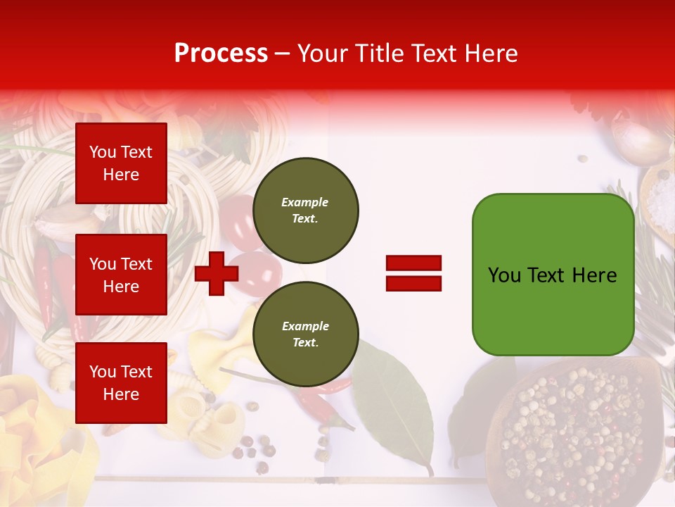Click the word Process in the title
(x=221, y=54)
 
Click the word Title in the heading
(x=378, y=54)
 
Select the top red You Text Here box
(x=121, y=163)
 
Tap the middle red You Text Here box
(x=121, y=275)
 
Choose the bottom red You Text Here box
(x=121, y=382)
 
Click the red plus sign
(x=217, y=273)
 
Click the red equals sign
(x=413, y=273)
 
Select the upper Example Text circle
(x=305, y=211)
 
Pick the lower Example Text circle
(x=305, y=334)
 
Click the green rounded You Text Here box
(x=553, y=275)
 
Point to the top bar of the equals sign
(x=413, y=263)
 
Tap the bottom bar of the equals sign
(x=413, y=283)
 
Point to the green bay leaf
(x=394, y=408)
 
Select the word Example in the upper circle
(x=304, y=202)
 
